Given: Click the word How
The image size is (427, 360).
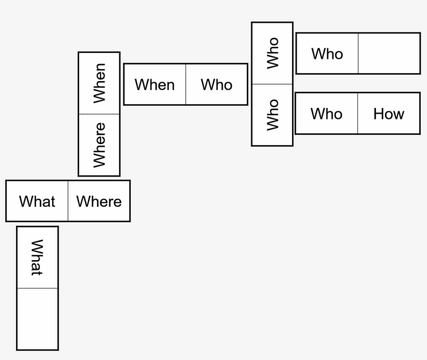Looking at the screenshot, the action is click(388, 114).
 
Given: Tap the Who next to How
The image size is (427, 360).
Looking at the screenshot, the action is click(326, 114).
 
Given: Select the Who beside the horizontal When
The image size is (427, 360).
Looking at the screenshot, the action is click(217, 84).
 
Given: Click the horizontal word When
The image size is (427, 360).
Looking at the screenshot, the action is click(155, 84).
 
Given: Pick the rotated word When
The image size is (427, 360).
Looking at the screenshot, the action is click(99, 83).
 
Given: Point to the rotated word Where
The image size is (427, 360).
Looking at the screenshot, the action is click(99, 145).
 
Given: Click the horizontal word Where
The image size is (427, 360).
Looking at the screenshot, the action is click(99, 202).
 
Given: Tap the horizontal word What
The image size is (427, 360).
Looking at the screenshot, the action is click(37, 202).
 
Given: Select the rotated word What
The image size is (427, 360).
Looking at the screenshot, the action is click(37, 257).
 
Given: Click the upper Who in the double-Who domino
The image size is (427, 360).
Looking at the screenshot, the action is click(272, 53).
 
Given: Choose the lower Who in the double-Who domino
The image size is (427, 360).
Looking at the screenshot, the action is click(272, 115).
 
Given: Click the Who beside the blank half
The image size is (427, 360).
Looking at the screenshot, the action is click(327, 54).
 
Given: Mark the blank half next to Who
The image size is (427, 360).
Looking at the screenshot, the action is click(389, 54).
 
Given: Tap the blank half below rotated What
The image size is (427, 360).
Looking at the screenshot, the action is click(37, 318).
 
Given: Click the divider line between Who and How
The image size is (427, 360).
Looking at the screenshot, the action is click(358, 114).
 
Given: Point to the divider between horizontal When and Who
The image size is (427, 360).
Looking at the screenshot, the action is click(186, 84).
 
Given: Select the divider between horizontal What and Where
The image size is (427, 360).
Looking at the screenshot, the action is click(68, 201).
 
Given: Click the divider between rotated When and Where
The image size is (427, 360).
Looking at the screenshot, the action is click(99, 114).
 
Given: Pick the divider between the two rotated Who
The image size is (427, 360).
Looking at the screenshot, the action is click(272, 84).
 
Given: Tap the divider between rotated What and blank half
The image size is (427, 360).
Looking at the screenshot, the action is click(37, 288).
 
